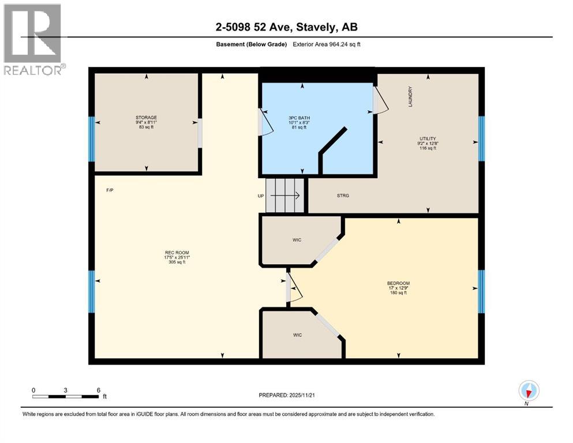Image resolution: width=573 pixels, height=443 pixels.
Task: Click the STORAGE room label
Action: point(146,117)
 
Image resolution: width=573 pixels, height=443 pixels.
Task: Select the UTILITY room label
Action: point(427,139)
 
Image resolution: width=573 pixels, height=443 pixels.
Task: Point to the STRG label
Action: point(343,196)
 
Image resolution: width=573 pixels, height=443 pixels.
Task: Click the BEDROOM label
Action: point(398,283)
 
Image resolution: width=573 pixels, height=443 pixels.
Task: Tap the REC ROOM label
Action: point(177,253)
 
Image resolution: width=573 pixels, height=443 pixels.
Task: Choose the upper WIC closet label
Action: point(297,240)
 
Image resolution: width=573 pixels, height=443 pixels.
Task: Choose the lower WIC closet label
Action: point(296,335)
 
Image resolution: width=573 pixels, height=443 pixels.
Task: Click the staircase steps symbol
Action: point(284,196)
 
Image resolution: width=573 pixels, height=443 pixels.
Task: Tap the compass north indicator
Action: point(529,391)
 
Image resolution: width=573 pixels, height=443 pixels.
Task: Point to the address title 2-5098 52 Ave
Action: point(287,27)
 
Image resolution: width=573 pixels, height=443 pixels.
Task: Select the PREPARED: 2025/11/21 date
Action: point(286,395)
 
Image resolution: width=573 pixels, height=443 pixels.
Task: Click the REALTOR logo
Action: point(33,39)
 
